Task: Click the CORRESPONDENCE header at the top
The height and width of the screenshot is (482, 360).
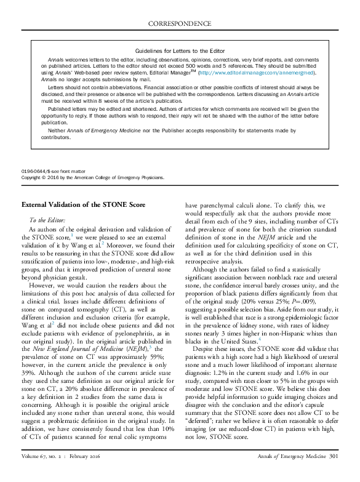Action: [180, 23]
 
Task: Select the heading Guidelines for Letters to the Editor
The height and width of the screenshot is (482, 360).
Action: [180, 50]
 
